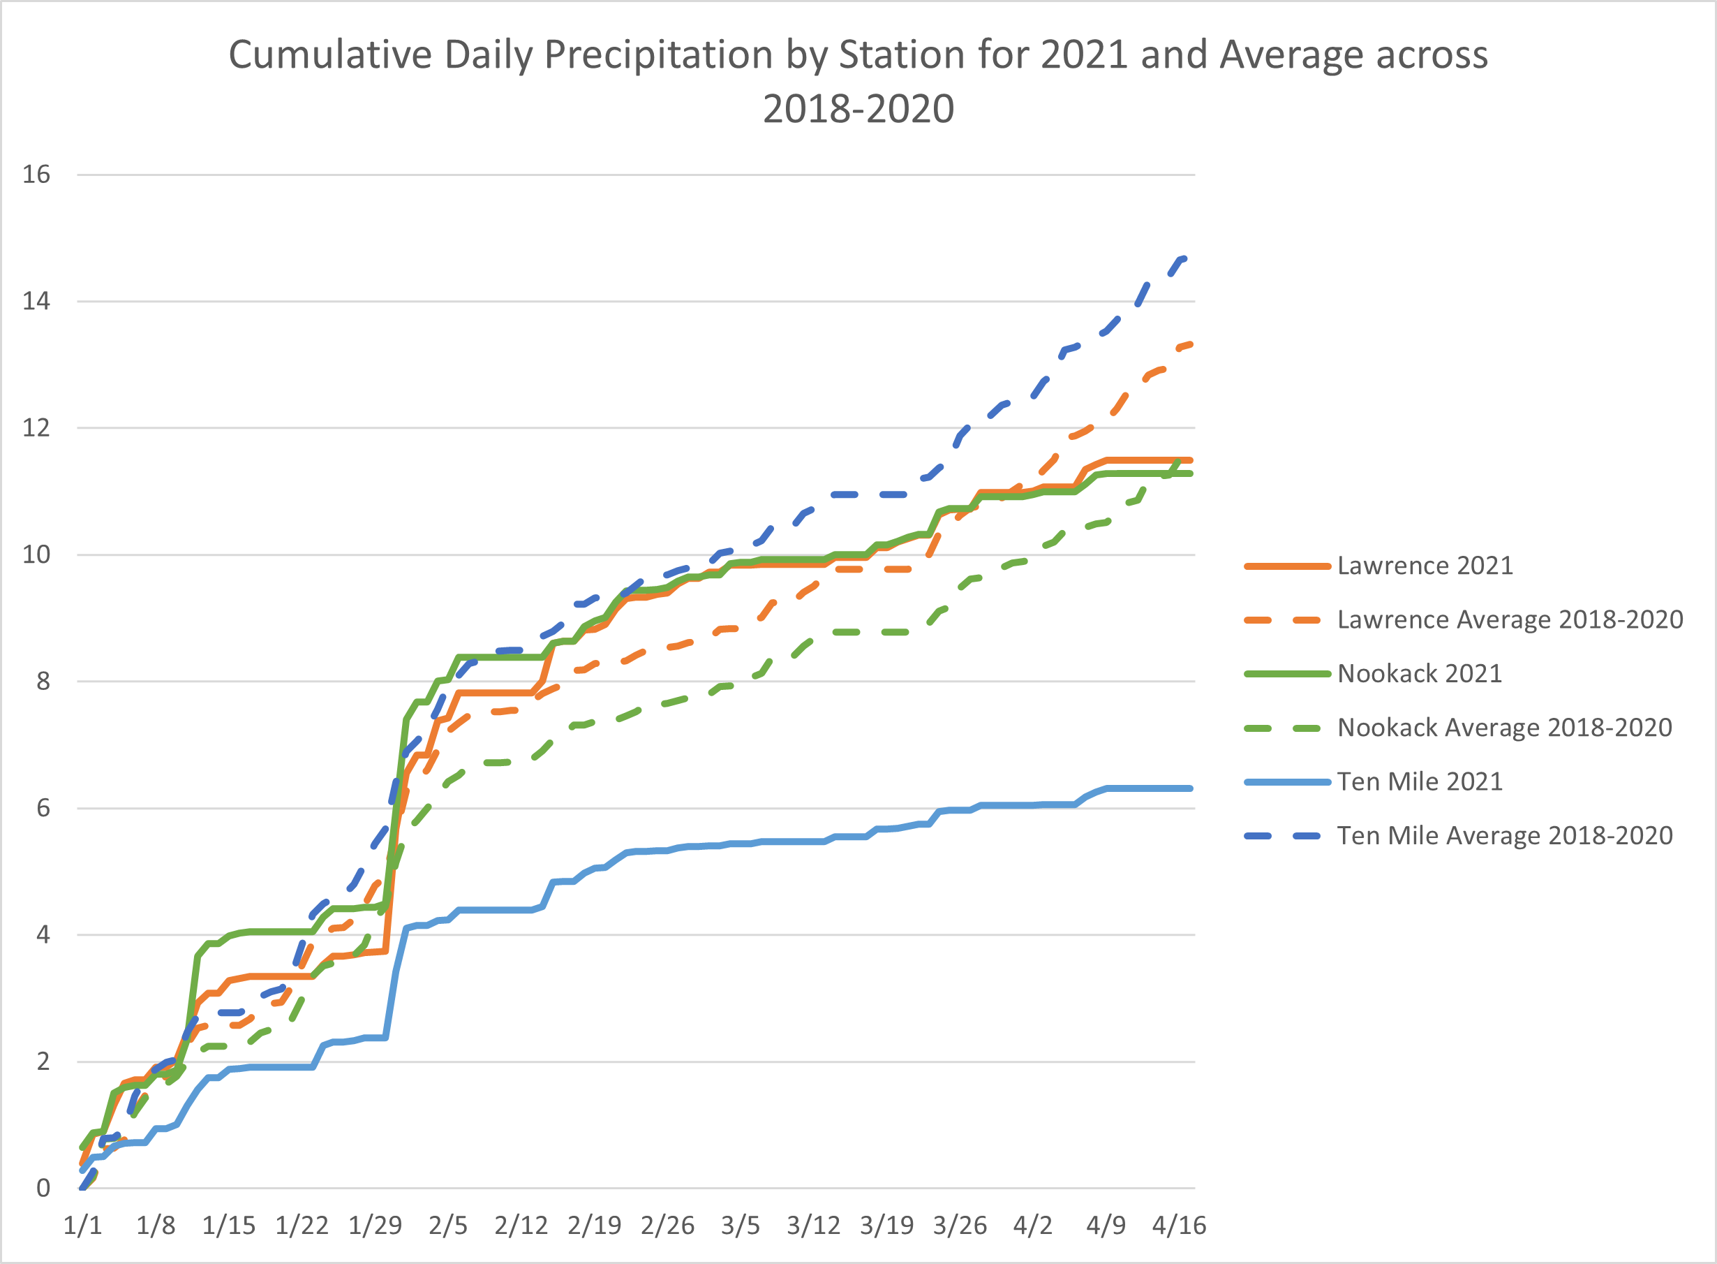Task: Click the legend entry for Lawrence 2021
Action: (x=1425, y=566)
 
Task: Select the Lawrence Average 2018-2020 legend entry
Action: (x=1510, y=619)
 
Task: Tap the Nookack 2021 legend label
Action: (x=1420, y=673)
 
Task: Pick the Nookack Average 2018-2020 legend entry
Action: (x=1504, y=727)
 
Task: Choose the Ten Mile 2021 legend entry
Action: (x=1420, y=781)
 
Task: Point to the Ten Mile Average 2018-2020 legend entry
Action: (x=1504, y=835)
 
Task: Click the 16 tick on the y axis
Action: (x=36, y=175)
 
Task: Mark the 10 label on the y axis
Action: (x=36, y=554)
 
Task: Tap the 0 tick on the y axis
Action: (x=43, y=1189)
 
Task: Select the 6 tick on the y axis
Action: (x=43, y=808)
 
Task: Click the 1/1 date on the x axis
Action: (x=82, y=1226)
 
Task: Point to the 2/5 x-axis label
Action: (x=448, y=1226)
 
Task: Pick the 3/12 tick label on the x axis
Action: (x=814, y=1226)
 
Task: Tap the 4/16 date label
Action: (x=1180, y=1226)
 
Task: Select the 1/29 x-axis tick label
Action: (x=375, y=1226)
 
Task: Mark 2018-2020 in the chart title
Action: (x=858, y=109)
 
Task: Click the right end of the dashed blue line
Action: (x=1184, y=258)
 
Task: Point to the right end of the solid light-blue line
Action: (x=1190, y=788)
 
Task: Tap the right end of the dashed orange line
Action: (x=1191, y=344)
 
